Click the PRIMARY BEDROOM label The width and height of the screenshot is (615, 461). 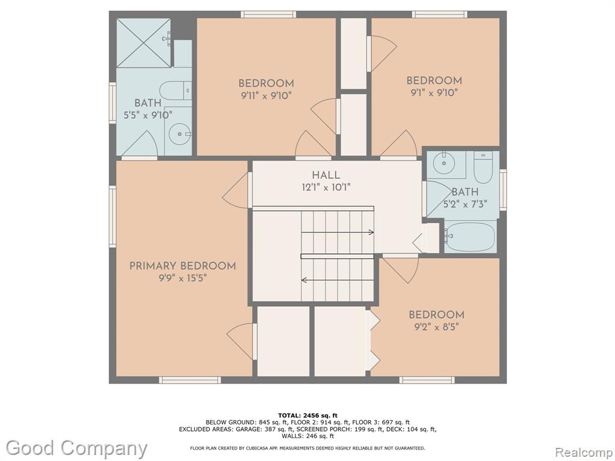[183, 266]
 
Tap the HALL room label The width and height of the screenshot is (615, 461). [326, 175]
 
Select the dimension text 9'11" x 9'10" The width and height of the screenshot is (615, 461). [267, 95]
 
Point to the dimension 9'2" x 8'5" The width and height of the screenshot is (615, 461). [437, 327]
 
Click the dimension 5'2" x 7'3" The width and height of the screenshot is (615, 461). [465, 204]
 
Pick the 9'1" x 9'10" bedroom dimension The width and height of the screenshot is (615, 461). [434, 92]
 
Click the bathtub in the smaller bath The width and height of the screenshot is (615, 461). [470, 237]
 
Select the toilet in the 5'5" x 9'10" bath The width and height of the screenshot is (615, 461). [175, 91]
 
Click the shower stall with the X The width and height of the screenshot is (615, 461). [144, 43]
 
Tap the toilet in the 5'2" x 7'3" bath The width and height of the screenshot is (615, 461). [483, 167]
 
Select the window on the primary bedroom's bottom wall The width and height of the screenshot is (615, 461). [190, 380]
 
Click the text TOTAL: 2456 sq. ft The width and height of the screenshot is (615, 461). [307, 415]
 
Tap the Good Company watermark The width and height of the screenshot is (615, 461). [76, 449]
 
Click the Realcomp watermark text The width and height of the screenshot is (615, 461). [584, 453]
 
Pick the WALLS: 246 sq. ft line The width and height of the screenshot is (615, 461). [307, 436]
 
